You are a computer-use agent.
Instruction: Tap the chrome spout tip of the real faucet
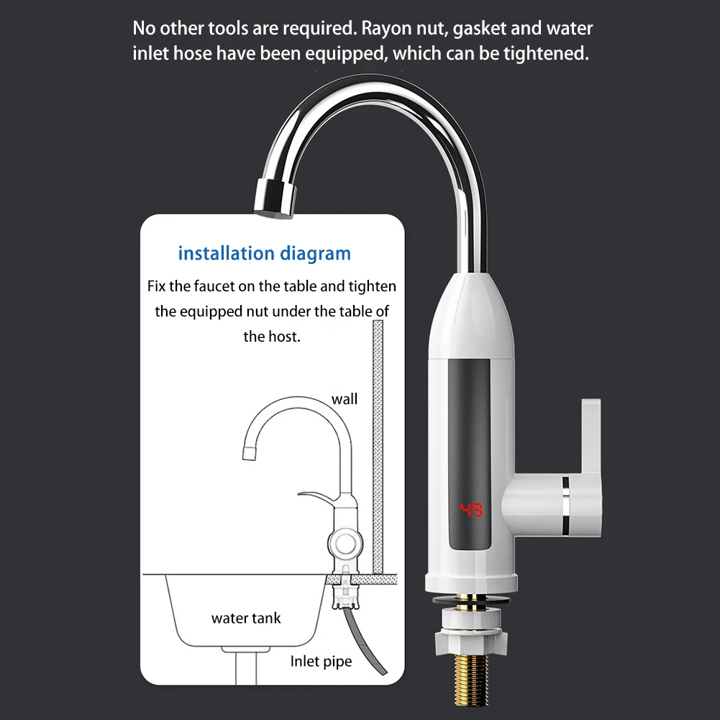272,195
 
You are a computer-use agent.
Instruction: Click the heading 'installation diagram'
264,253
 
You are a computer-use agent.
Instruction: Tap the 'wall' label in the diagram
344,398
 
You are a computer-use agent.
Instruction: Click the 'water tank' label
246,618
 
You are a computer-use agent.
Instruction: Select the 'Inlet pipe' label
321,661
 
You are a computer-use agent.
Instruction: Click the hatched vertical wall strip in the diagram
377,446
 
